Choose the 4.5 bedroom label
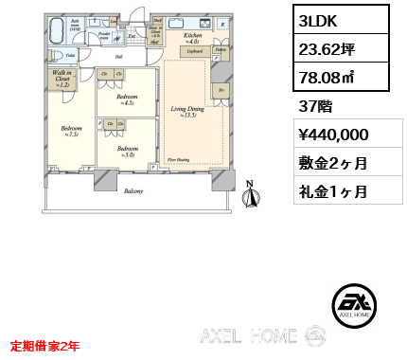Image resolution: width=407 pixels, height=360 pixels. tap(128, 98)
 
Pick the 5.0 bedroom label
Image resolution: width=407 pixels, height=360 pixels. tap(128, 150)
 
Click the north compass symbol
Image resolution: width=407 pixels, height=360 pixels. tap(251, 194)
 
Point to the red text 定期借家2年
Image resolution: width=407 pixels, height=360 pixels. tap(44, 347)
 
